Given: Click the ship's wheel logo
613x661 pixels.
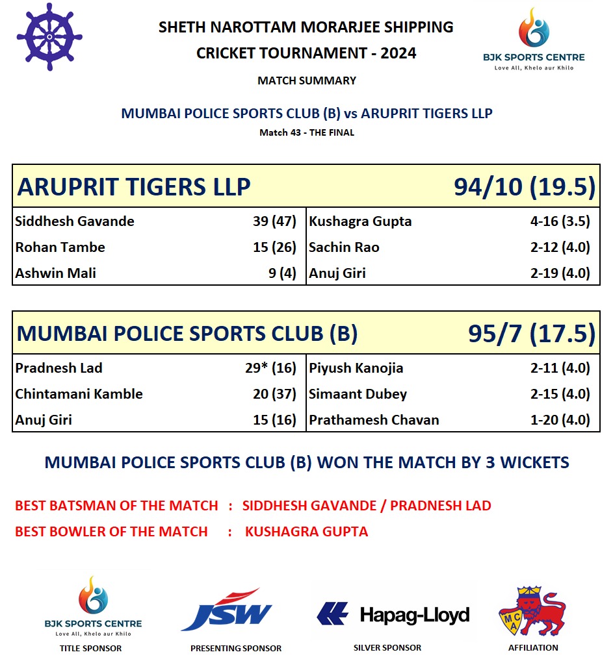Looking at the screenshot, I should coord(49,37).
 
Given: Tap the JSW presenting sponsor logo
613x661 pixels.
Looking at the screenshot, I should coord(226,610).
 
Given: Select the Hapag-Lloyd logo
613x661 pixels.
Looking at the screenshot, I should coord(393,614).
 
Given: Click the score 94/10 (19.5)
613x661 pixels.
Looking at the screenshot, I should coord(524,187).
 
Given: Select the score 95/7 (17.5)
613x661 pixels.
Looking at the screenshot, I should coord(531,334).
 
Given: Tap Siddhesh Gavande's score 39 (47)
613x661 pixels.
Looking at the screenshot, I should coord(274,221).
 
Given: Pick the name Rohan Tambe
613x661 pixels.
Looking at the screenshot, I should coord(60,247).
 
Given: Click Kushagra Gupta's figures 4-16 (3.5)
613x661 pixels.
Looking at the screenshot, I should coord(560,221).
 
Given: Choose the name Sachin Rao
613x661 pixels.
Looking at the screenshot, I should coord(344,247).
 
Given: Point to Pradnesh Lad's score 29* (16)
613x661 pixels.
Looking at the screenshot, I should coord(274,368).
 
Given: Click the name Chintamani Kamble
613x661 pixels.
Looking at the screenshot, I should coord(79,394).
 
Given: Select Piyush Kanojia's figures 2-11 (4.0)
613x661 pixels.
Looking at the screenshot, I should coord(560,368).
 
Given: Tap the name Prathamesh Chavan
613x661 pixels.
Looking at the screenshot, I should coord(374,420).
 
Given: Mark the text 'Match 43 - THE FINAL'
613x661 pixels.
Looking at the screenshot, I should coord(306,133).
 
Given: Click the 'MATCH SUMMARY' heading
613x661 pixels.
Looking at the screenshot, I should coord(306,81).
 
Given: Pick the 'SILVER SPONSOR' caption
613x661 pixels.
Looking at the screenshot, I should coord(387,647).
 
